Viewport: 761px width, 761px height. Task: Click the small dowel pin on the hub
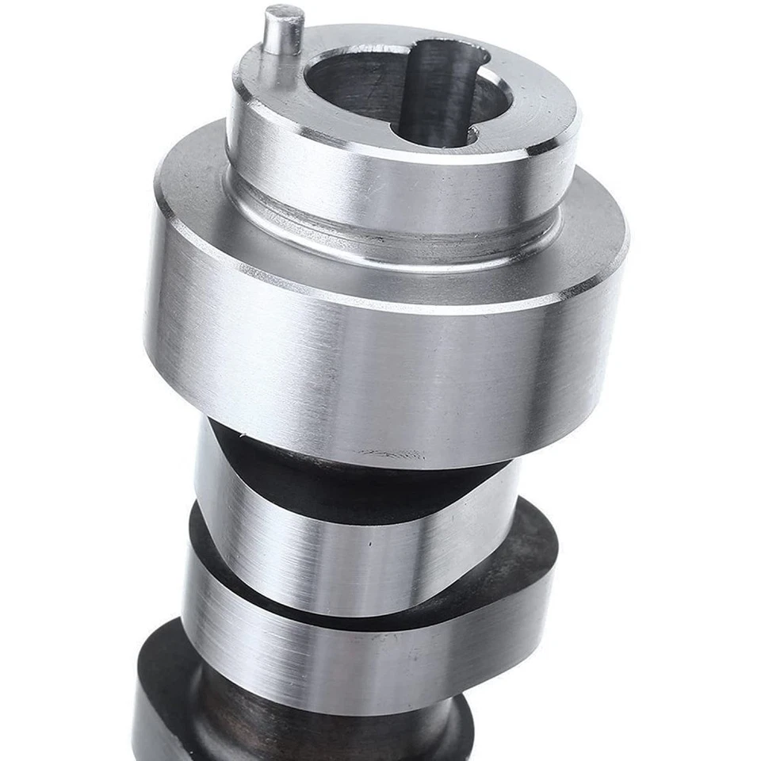[283, 36]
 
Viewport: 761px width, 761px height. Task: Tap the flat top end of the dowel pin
[284, 14]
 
